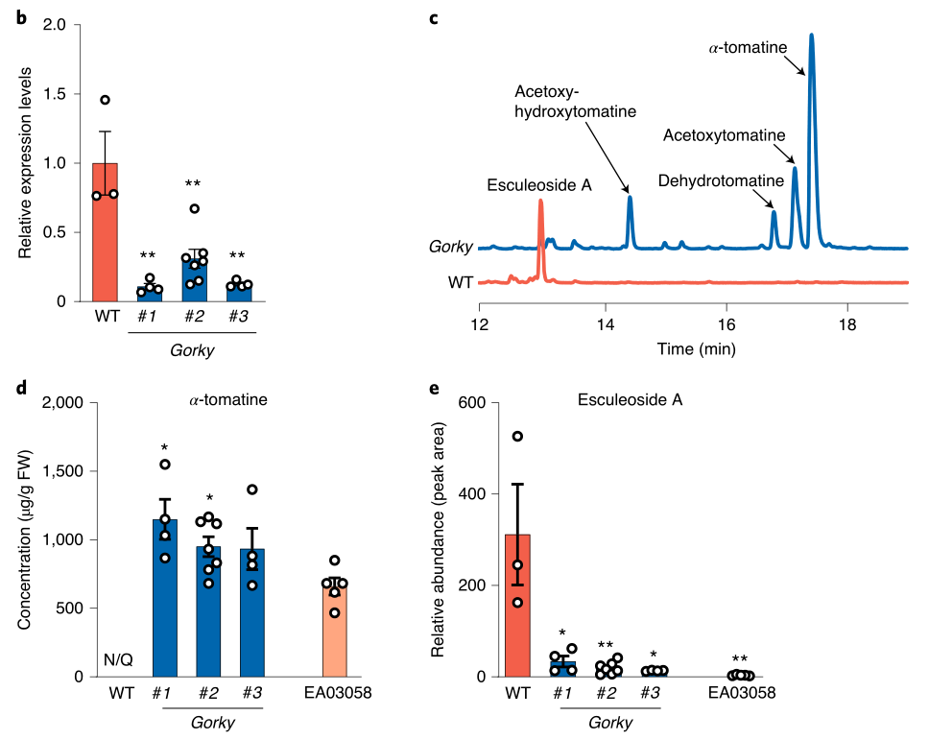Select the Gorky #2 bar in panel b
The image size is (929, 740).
195,278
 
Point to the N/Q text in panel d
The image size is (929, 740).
118,660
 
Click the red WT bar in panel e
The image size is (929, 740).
517,605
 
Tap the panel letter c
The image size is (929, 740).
433,16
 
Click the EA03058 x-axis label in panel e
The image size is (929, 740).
740,692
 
